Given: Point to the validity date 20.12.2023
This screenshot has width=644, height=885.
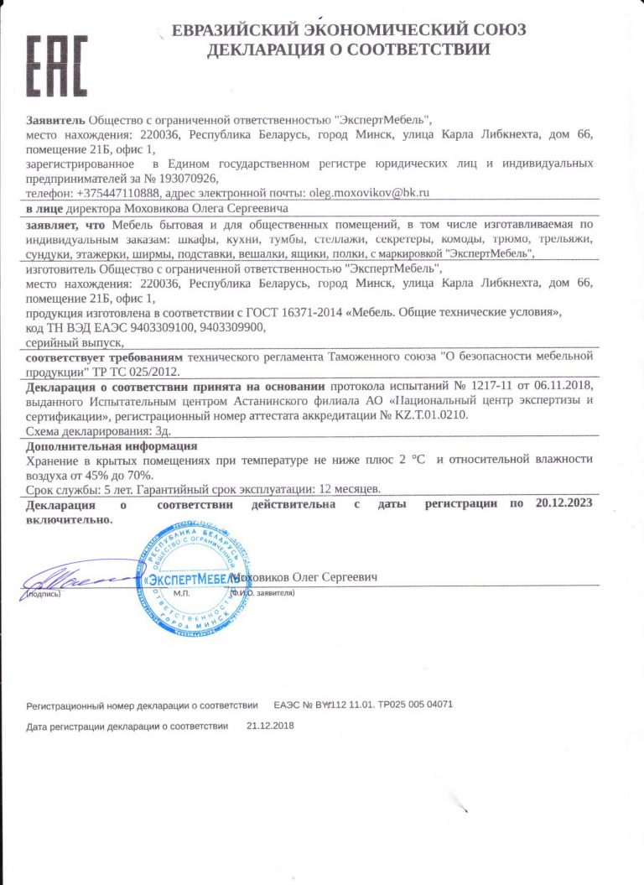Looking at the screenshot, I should pyautogui.click(x=563, y=503).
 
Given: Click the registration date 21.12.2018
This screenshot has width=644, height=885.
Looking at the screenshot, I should pyautogui.click(x=271, y=724).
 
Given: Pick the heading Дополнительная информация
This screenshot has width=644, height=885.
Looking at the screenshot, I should pyautogui.click(x=112, y=446).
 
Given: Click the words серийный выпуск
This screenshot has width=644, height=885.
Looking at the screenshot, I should pyautogui.click(x=75, y=341).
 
